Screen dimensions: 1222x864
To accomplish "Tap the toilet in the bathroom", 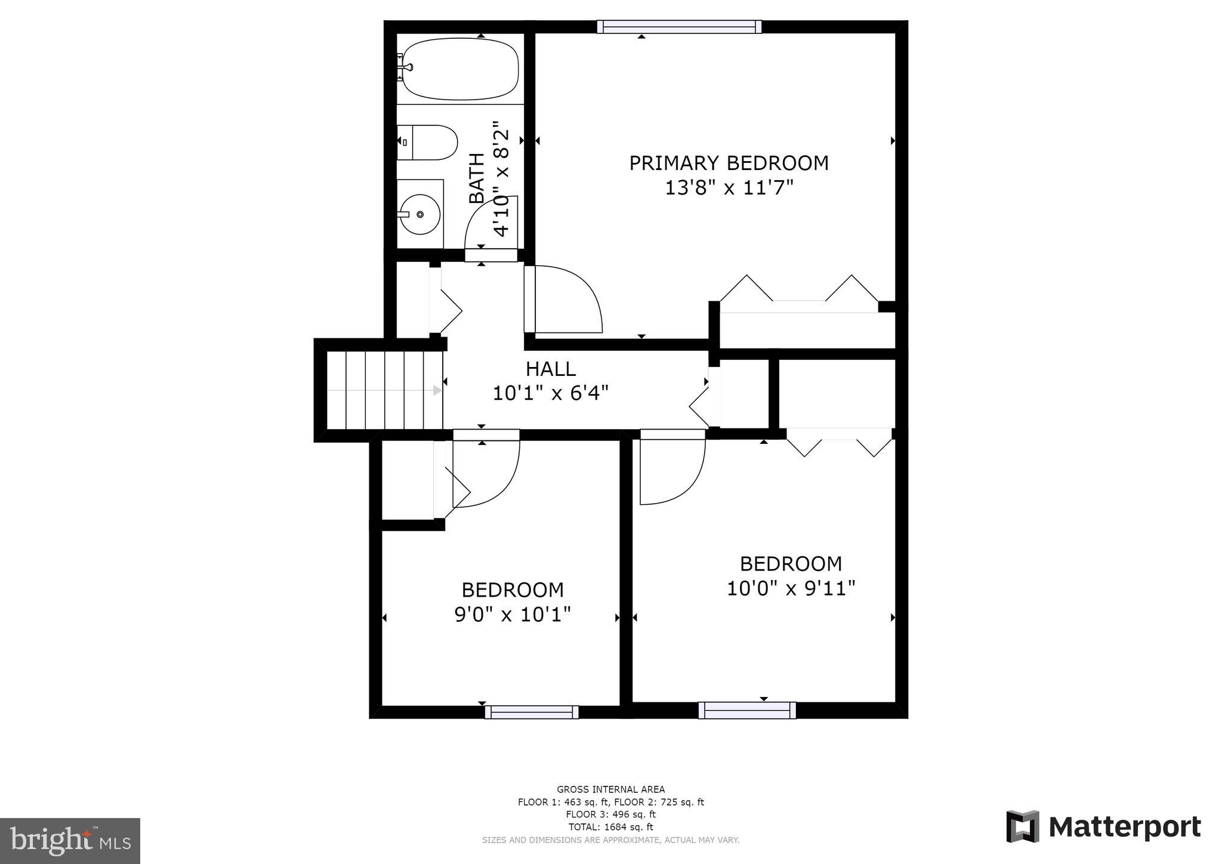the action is pos(427,143).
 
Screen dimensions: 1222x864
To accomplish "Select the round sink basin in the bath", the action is pos(420,214).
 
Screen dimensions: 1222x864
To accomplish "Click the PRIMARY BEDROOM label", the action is pos(729,163).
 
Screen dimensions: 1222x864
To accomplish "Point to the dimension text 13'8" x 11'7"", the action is pos(729,188).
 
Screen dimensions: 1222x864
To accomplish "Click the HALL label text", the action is pos(551,369).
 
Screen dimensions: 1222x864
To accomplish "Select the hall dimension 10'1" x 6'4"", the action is pos(551,393).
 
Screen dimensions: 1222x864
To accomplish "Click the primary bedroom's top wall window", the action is pos(679,26).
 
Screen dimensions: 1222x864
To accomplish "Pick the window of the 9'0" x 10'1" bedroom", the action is pos(532,712).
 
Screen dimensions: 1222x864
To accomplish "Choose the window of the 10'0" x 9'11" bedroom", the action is pos(747,710).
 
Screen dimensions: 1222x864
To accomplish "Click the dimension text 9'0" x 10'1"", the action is pos(513,614).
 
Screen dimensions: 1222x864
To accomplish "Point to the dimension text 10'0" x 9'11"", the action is pos(791,588).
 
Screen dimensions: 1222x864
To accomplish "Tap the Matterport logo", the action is pos(1103,827).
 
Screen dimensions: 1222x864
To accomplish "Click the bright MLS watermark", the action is pos(70,840).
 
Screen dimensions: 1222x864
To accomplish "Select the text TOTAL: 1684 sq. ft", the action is pos(611,827).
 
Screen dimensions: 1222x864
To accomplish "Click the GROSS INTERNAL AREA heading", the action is pos(611,789).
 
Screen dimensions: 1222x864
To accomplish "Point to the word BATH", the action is pos(477,179).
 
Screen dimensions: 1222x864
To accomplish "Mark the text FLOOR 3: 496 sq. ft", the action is pos(611,814).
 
